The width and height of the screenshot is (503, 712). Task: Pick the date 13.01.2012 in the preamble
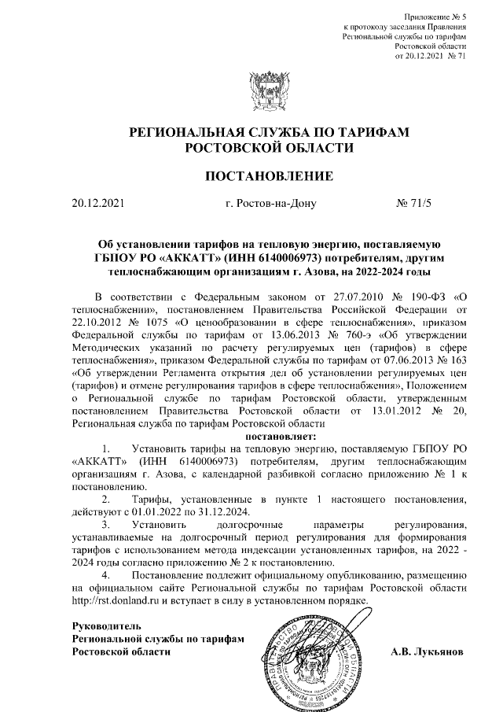pyautogui.click(x=374, y=410)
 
